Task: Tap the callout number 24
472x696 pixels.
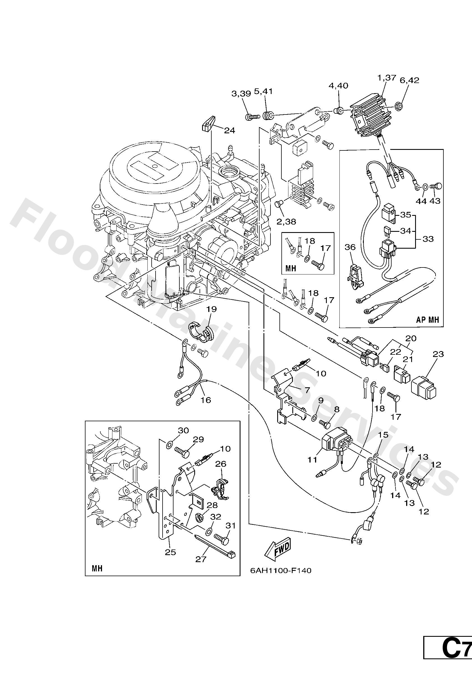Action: click(x=230, y=130)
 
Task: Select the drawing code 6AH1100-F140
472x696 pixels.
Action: click(x=281, y=571)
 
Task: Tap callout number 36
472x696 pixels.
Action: click(x=350, y=247)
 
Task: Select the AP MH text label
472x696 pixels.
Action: click(x=427, y=320)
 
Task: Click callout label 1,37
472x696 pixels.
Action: click(x=387, y=78)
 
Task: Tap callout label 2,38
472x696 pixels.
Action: click(x=286, y=222)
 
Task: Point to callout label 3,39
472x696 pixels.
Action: click(x=241, y=93)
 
